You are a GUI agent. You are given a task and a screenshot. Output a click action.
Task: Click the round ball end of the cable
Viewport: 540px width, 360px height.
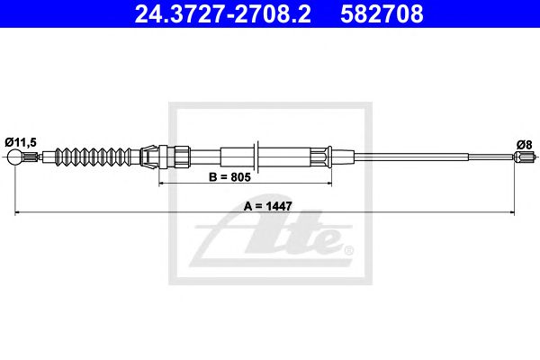coord(15,159)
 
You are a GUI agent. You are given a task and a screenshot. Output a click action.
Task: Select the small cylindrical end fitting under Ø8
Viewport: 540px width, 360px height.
coord(523,159)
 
